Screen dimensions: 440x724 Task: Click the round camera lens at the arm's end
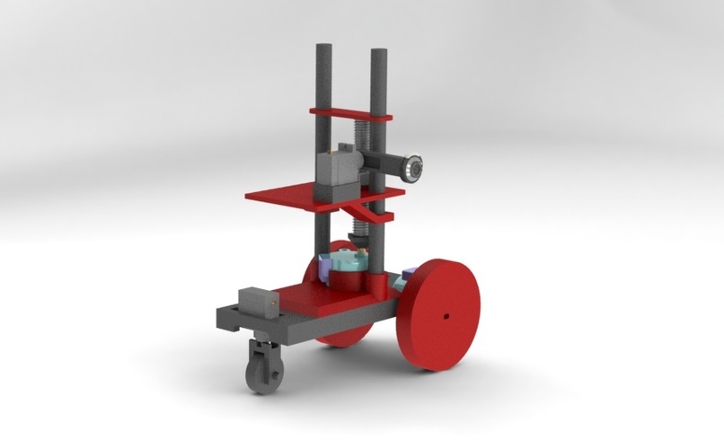(x=413, y=167)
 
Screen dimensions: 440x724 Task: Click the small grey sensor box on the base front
(x=255, y=301)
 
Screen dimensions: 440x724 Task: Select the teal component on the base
(x=349, y=262)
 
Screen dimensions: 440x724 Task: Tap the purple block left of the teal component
(x=327, y=266)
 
